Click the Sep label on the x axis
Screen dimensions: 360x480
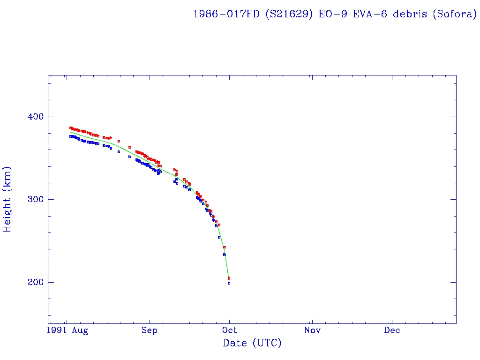[149, 330]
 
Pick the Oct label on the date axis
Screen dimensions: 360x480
[230, 330]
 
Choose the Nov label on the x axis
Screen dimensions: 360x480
[312, 330]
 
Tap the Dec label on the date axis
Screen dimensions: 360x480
[392, 330]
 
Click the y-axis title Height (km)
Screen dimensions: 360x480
[7, 199]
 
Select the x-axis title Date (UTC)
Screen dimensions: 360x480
[252, 344]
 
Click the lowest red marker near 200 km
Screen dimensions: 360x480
[229, 278]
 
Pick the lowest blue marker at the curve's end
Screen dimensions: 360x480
[229, 283]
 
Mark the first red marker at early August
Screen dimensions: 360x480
[70, 127]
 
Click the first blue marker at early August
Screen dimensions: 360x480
[70, 136]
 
